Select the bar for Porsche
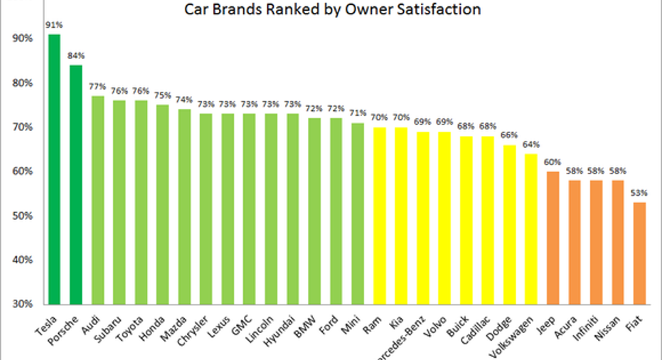point(76,184)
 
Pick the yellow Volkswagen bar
point(530,228)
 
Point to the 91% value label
point(54,23)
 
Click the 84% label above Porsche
point(76,55)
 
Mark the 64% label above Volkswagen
point(530,144)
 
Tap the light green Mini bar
point(358,213)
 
